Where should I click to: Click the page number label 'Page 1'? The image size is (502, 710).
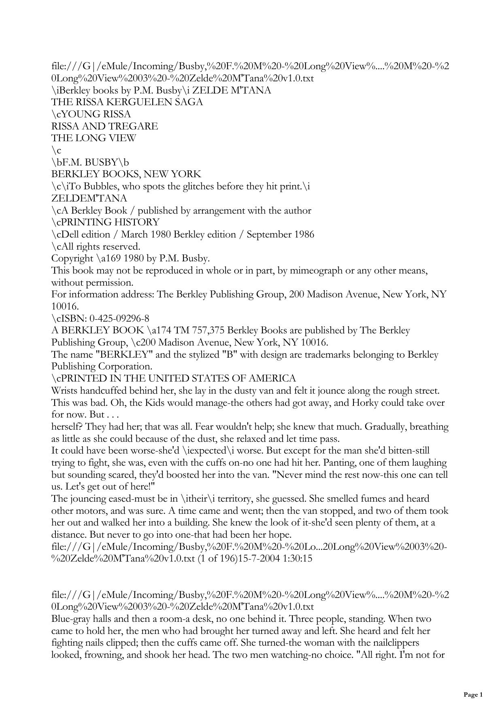point(473,695)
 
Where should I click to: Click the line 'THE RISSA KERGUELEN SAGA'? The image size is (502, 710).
point(127,102)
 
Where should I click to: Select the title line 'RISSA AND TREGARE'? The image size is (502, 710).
point(104,126)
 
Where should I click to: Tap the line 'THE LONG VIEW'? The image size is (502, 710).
point(94,138)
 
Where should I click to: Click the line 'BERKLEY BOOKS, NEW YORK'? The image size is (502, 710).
point(126,174)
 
